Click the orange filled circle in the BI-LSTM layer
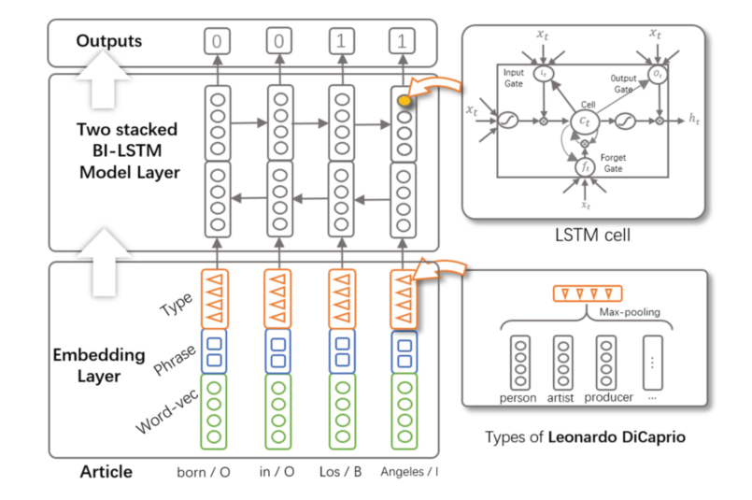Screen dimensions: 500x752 [x=403, y=100]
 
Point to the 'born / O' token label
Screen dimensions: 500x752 [x=204, y=472]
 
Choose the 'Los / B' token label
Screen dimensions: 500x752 [x=342, y=472]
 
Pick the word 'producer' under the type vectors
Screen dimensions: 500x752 [x=608, y=397]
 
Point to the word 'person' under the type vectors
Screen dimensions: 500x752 [x=518, y=397]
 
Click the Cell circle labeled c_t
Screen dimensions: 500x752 [x=583, y=121]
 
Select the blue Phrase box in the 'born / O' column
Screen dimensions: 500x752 [x=217, y=350]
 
